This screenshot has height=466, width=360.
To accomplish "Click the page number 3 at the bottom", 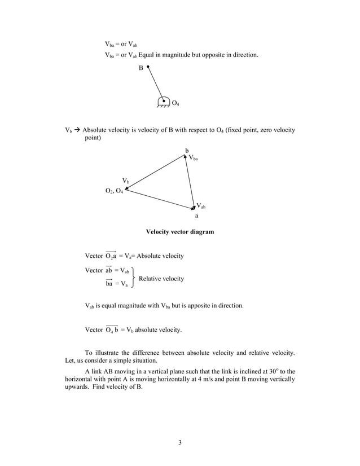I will coord(179,442).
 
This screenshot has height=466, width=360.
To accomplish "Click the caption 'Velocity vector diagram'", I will coord(180,232).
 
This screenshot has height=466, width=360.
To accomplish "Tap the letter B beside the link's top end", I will coord(141,68).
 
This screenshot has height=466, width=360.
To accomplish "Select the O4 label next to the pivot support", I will coord(175,103).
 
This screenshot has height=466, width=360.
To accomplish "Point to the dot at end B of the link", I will coord(148,67).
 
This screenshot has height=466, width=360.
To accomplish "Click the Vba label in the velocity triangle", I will coord(194,159).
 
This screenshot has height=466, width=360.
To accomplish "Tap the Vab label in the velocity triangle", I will coord(201,206).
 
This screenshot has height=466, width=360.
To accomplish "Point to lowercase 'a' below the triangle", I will coord(196,216).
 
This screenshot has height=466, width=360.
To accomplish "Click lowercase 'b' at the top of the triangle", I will coord(187,150).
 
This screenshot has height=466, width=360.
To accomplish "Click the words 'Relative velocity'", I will coord(161,279).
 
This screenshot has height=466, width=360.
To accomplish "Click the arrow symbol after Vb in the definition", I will coord(78,130).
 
